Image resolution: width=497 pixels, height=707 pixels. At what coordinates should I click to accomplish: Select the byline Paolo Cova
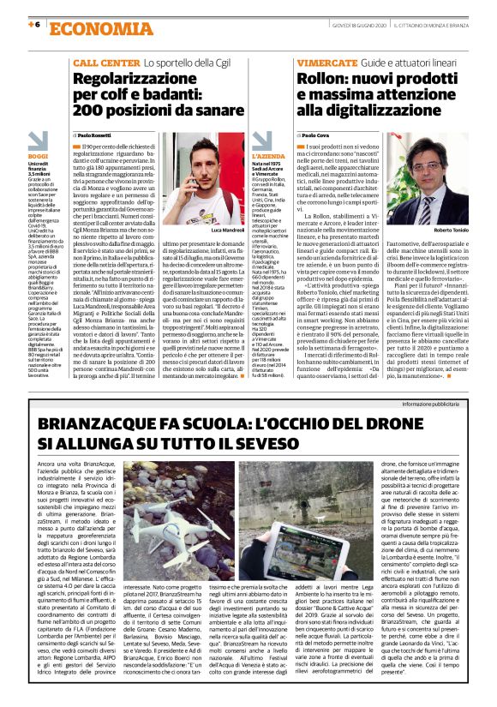tap(314, 135)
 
